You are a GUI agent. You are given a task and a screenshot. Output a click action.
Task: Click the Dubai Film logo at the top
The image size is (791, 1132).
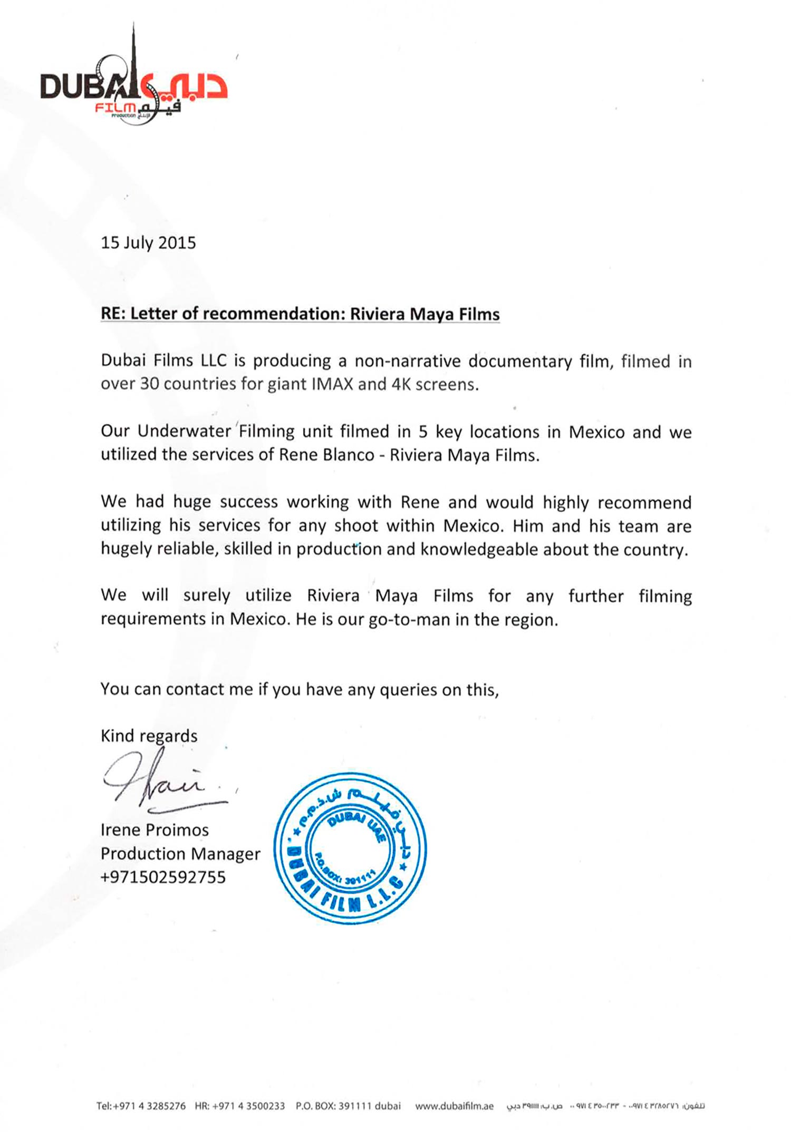[134, 84]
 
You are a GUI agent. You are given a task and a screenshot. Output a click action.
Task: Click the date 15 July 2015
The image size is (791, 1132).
[148, 242]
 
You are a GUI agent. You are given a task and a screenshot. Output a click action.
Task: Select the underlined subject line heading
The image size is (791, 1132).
[300, 314]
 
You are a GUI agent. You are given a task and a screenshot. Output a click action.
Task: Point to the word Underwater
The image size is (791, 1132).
[184, 431]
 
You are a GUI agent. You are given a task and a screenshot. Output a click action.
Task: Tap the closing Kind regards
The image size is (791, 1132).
[149, 736]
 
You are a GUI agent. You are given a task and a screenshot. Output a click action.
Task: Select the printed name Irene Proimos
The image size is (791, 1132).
[155, 830]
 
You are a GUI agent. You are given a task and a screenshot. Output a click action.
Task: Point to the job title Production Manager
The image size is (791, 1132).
[180, 853]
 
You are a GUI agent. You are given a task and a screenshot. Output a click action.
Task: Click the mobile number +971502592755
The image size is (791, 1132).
[163, 877]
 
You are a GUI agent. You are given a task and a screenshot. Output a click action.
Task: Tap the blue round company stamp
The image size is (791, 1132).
[350, 848]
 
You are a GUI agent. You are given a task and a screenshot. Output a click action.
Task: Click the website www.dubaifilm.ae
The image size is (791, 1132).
[454, 1106]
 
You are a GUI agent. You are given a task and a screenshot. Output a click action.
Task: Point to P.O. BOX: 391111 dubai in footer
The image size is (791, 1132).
[348, 1106]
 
